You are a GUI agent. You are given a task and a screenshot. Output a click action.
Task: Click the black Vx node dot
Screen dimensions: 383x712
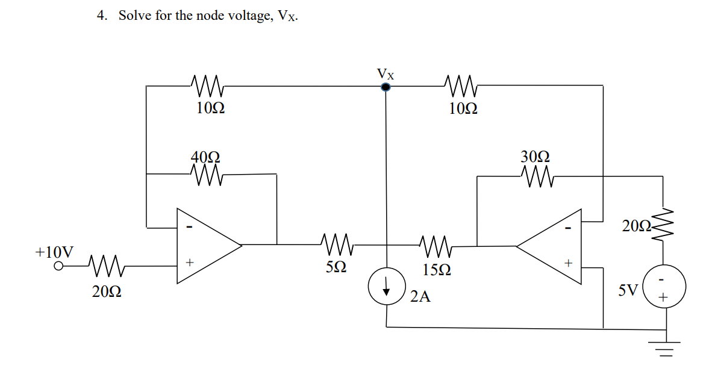pos(386,87)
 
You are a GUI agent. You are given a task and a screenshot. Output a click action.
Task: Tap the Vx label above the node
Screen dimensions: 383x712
pos(386,74)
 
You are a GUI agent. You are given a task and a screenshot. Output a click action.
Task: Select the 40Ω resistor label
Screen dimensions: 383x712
pos(205,157)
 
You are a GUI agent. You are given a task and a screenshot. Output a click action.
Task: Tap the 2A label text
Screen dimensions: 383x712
pos(420,296)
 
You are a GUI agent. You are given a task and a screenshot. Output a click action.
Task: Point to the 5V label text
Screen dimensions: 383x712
pos(628,291)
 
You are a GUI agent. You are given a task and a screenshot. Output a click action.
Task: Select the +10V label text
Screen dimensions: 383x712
pos(55,251)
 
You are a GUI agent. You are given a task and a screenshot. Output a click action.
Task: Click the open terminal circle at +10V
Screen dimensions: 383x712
pos(59,266)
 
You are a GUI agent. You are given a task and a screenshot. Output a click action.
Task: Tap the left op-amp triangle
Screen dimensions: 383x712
pos(205,245)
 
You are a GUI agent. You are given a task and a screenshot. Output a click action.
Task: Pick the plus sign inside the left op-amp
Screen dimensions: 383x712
pos(189,263)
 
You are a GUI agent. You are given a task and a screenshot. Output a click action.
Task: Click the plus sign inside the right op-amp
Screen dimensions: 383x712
pos(566,263)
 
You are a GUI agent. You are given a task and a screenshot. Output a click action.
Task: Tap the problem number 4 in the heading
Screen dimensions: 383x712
pos(101,16)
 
